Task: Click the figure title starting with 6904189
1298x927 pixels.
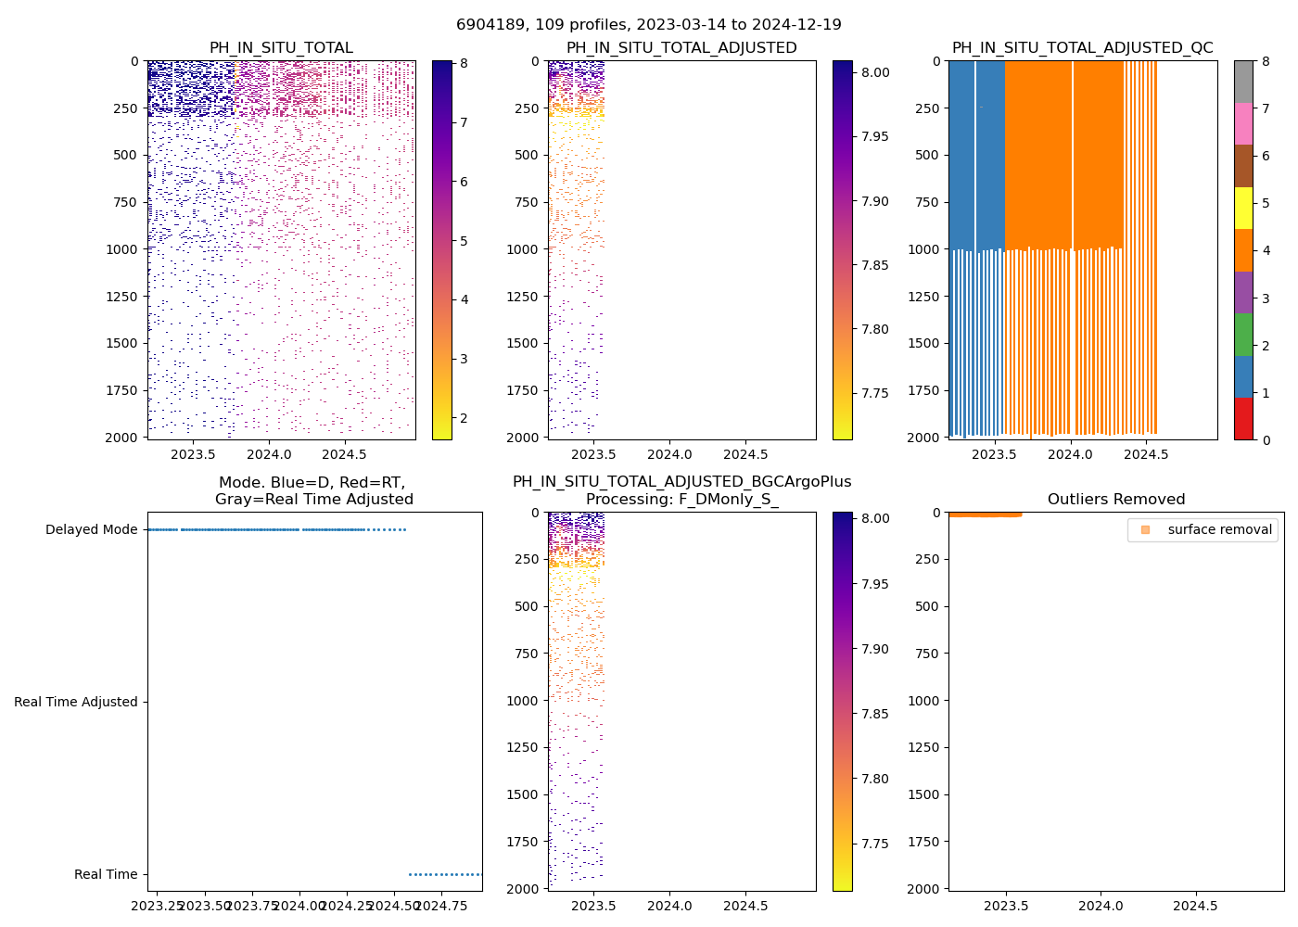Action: click(x=648, y=25)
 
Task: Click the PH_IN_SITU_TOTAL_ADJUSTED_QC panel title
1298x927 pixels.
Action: click(x=1082, y=48)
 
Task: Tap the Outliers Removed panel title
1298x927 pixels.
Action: click(x=1115, y=500)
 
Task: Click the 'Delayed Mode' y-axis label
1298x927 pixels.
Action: click(x=91, y=529)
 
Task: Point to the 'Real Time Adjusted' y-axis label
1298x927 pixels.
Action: click(x=76, y=702)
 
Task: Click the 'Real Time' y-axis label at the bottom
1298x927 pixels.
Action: click(x=106, y=874)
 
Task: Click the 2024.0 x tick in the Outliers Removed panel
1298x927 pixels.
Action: click(x=1101, y=906)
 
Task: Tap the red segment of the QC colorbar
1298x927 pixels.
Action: click(x=1243, y=419)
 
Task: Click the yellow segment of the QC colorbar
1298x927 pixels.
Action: click(x=1243, y=208)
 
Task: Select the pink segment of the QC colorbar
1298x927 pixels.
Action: click(x=1243, y=123)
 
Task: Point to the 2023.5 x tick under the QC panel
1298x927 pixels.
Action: click(x=995, y=454)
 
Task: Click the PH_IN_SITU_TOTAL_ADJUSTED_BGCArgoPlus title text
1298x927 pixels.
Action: click(x=681, y=482)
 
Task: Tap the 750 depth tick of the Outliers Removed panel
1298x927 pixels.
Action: click(x=929, y=654)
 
